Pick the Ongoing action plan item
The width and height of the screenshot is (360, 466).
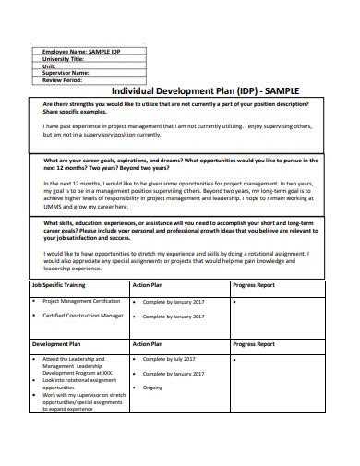(x=152, y=388)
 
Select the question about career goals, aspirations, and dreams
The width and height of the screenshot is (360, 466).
(x=181, y=165)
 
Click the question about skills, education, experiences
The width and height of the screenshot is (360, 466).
(x=181, y=226)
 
